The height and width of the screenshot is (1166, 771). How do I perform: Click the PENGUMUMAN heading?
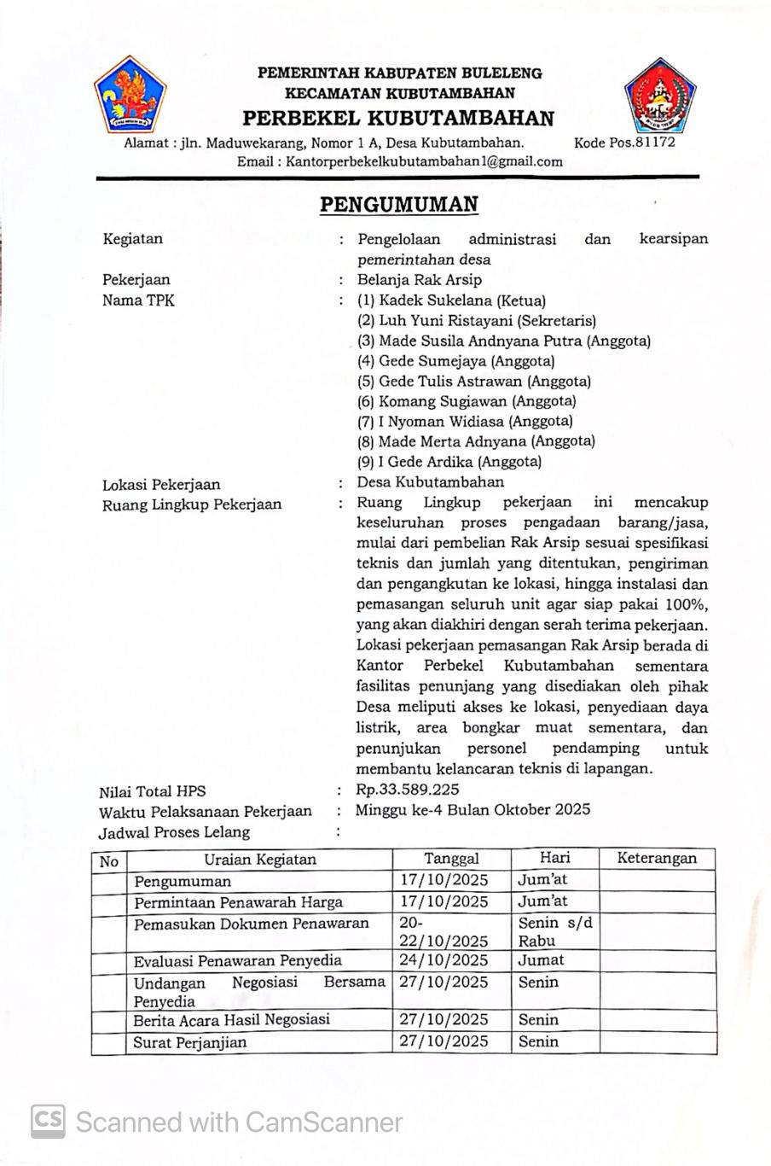[398, 205]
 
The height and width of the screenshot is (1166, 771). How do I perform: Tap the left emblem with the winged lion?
[130, 94]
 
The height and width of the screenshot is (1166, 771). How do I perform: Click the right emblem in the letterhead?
[659, 96]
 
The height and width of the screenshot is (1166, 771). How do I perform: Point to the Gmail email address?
[424, 161]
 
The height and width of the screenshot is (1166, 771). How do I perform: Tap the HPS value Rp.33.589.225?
[408, 790]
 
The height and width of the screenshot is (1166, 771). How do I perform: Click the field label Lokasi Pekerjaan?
[161, 484]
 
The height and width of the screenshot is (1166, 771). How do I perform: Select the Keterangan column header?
[656, 859]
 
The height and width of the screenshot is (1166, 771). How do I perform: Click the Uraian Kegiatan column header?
[259, 860]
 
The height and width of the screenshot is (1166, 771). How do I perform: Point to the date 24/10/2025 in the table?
[443, 960]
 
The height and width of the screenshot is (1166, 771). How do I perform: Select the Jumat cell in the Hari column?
[541, 960]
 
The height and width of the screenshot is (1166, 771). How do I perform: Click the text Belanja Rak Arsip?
[420, 280]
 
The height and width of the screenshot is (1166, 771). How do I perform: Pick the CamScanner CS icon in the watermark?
[49, 1121]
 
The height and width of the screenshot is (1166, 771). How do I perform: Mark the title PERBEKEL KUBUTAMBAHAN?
[398, 118]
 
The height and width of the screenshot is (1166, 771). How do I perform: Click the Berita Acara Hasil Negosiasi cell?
[231, 1020]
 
